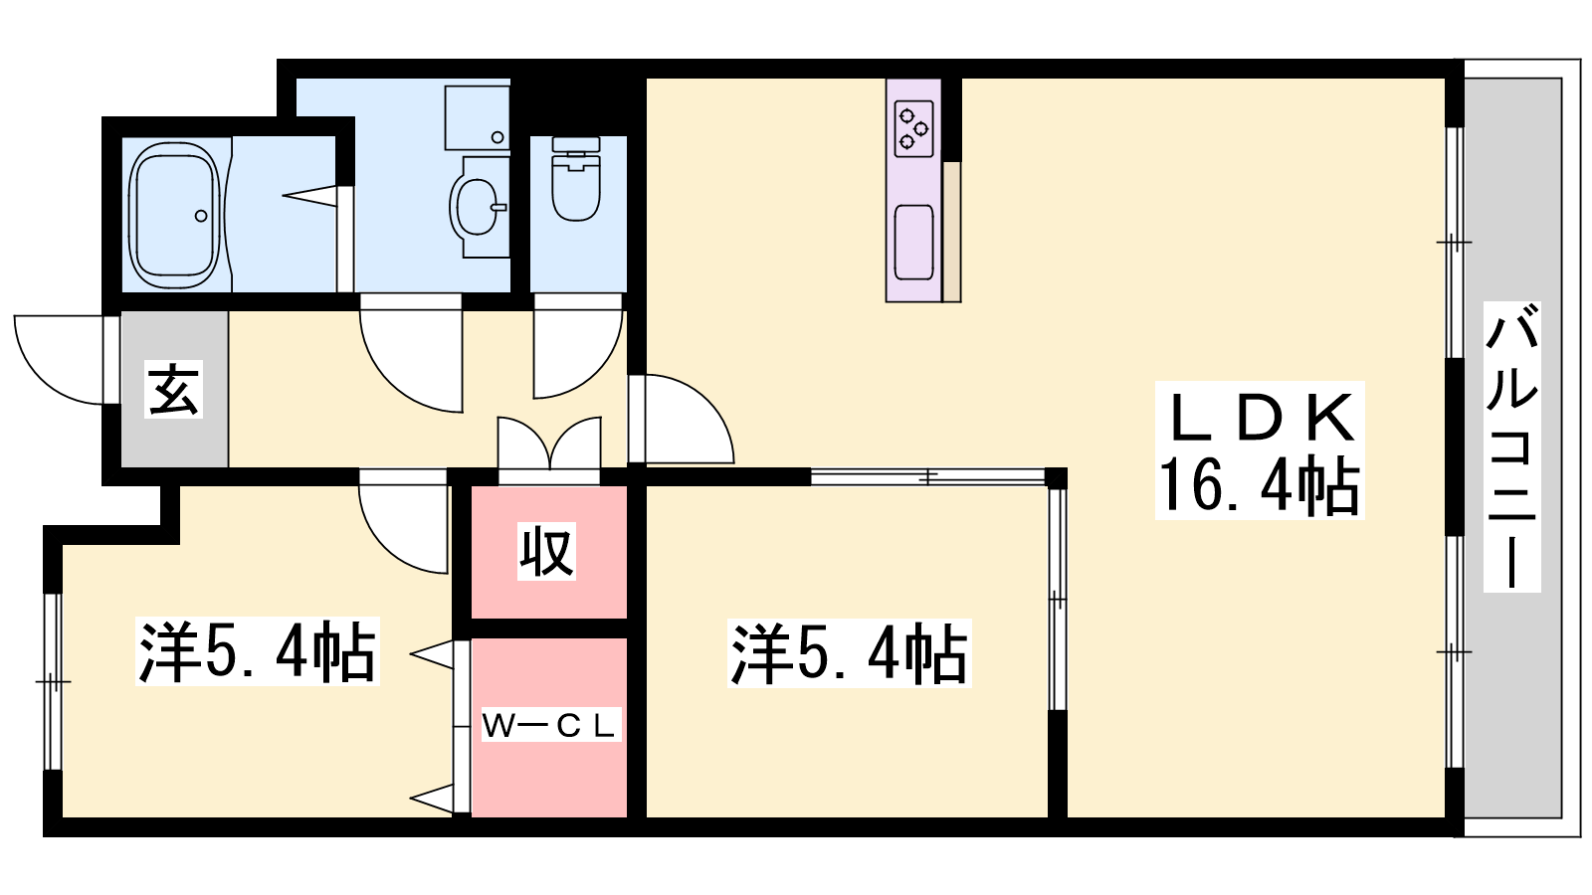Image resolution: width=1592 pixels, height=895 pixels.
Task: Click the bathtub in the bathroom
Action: pos(176,214)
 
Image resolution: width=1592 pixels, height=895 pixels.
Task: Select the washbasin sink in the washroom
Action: pos(479,206)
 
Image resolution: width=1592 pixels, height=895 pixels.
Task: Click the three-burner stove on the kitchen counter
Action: pos(914,128)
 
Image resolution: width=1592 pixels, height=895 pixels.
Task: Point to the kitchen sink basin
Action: pos(913,243)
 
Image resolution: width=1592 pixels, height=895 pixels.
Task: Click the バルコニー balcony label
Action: pos(1511,447)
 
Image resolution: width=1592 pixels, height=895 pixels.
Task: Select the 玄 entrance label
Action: pos(173,389)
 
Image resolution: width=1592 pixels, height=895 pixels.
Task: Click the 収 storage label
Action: pos(546,551)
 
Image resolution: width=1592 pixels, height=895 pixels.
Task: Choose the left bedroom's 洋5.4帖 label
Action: pos(258,652)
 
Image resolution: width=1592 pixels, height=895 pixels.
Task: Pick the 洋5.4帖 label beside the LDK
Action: pos(850,653)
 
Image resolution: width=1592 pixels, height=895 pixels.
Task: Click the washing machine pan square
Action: pos(477,118)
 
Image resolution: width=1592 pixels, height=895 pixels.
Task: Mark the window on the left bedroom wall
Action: pos(53,682)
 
